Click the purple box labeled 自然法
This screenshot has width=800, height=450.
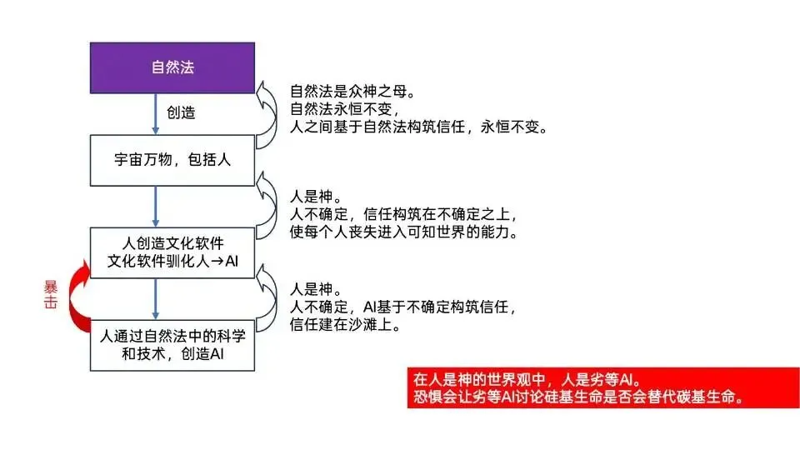coord(172,67)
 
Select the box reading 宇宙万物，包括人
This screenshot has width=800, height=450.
coord(172,160)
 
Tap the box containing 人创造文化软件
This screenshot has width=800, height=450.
coord(172,252)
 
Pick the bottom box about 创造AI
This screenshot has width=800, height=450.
coord(172,345)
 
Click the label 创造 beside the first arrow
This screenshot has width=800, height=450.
coord(181,112)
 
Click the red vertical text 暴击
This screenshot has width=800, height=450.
coord(51,295)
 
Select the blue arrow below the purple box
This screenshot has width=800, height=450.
coord(156,114)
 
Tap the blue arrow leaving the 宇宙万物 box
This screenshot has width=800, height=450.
coord(156,207)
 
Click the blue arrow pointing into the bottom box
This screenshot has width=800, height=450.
coord(156,299)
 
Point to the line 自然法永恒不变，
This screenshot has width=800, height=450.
coord(345,109)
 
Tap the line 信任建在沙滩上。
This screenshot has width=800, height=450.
coord(345,324)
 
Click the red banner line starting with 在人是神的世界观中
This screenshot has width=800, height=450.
coord(527,380)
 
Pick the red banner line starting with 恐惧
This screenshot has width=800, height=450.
coord(578,397)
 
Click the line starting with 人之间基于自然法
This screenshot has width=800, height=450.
coord(419,127)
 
